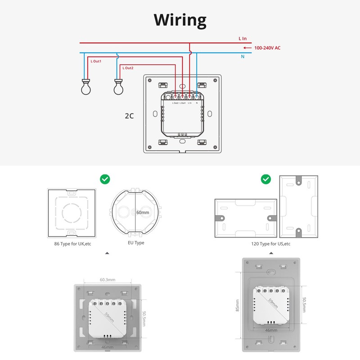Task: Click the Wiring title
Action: [x=180, y=20]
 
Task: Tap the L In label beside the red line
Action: [x=243, y=39]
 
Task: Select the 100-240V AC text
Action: [x=268, y=48]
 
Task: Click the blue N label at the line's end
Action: [x=243, y=57]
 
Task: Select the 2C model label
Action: [x=130, y=116]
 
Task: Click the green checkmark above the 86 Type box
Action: [x=105, y=180]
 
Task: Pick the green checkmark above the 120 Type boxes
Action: [x=266, y=180]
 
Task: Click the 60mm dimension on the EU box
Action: [x=143, y=212]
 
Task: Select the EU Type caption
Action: [x=136, y=243]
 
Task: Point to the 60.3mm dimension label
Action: [x=107, y=280]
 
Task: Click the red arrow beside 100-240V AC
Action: [x=247, y=48]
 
